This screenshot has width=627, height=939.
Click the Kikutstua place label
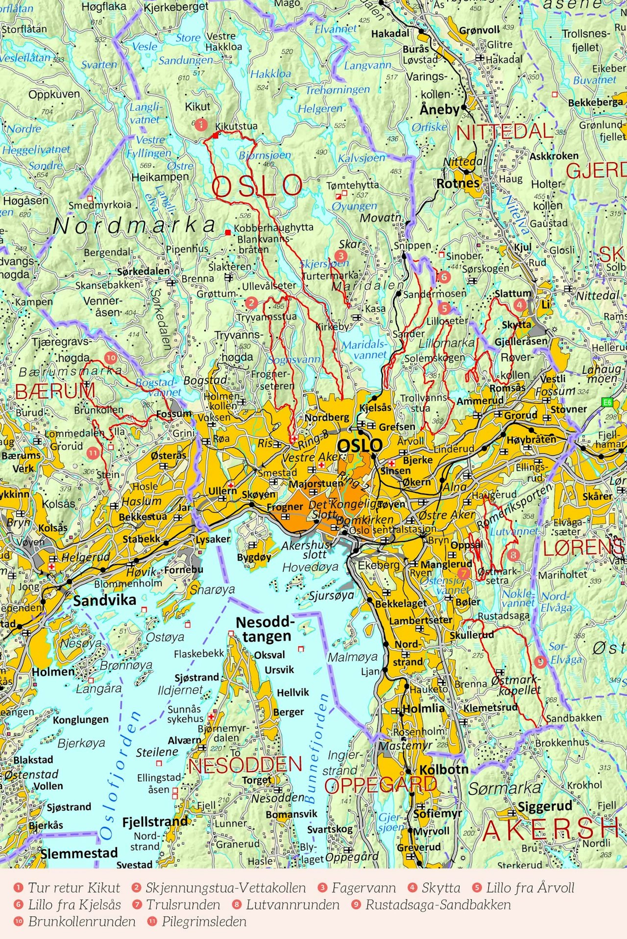tap(236, 126)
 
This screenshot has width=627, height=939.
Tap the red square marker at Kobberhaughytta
tap(228, 232)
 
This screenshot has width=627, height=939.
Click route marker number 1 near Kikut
tap(200, 125)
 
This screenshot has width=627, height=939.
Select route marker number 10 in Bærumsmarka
tap(111, 358)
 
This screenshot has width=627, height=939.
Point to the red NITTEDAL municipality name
tap(505, 131)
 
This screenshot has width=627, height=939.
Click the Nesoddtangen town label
tap(265, 629)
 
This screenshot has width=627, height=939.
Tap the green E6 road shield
tap(607, 402)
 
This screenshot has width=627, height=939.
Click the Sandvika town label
tap(105, 600)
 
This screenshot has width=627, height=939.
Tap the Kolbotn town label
tap(444, 769)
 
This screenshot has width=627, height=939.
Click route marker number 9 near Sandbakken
tap(540, 662)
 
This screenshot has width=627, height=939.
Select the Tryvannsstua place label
tap(266, 317)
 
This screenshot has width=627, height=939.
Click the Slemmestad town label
tap(79, 853)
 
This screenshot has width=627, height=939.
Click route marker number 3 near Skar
tap(340, 255)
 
